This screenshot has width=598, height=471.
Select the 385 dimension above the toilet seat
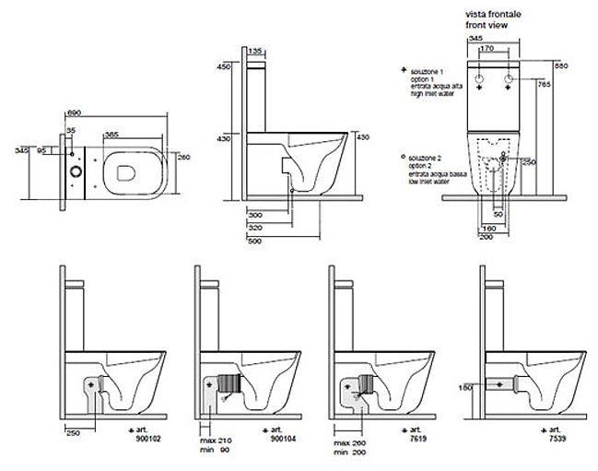(111, 135)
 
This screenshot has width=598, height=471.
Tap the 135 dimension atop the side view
(257, 52)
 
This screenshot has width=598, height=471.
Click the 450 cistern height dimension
(222, 66)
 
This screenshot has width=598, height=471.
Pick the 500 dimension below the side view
(256, 241)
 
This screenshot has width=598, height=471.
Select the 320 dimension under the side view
(256, 225)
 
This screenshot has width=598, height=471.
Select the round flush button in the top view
(75, 171)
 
